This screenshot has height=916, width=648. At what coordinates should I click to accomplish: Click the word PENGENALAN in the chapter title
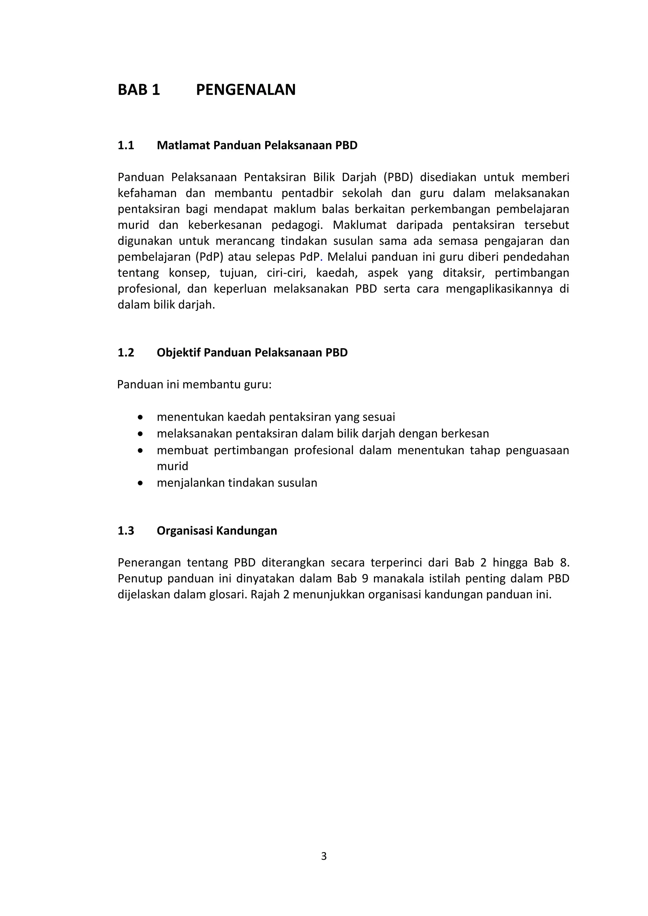246,90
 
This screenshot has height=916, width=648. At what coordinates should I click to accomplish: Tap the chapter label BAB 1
139,90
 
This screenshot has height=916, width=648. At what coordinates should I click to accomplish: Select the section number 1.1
126,145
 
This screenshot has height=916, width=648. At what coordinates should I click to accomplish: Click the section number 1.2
126,353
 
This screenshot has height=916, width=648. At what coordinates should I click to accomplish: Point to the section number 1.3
126,531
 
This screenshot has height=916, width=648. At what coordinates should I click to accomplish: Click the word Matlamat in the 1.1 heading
183,145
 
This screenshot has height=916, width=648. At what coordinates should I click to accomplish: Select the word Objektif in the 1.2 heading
178,353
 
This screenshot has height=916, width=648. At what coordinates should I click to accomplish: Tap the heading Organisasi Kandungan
217,531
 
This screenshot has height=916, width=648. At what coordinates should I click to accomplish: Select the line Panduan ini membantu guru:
194,385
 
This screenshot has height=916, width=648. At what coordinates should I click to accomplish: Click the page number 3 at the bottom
324,856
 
